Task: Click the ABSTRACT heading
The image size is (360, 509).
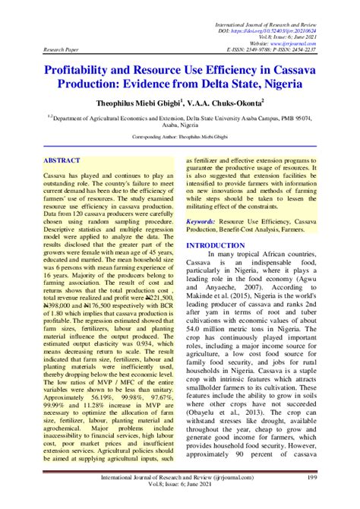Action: tap(62, 162)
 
